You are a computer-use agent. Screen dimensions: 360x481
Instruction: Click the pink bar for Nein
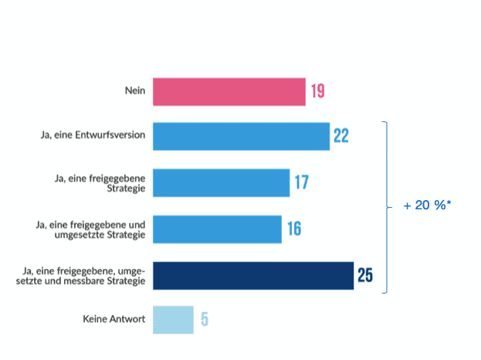pos(229,92)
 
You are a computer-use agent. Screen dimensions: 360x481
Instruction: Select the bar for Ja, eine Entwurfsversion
pos(241,136)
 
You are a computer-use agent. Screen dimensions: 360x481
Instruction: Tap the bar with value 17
pos(221,183)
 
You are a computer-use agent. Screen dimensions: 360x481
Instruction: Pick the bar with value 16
pos(217,229)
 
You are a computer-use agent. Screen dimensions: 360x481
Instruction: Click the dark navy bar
pos(253,275)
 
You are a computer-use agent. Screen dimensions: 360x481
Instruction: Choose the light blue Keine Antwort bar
pos(173,319)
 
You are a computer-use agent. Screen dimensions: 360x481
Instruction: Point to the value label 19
pos(317,92)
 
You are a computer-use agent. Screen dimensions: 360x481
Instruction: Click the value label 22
pos(341,137)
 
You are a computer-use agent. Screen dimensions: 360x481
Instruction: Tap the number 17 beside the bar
pos(301,183)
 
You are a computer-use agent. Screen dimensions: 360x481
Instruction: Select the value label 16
pos(293,229)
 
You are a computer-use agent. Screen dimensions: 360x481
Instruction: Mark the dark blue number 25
pos(364,275)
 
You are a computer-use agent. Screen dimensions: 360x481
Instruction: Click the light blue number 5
pos(205,319)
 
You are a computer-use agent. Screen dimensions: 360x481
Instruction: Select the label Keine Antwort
pos(114,319)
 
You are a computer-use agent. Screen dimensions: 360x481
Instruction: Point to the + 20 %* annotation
pos(427,207)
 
